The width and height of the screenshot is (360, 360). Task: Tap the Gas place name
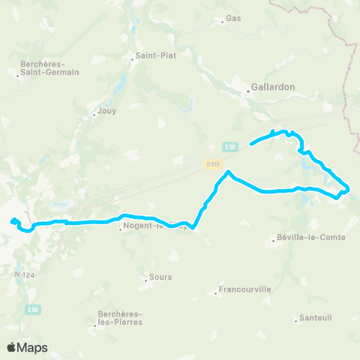pos(233,18)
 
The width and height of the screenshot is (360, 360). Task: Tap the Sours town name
pos(160,277)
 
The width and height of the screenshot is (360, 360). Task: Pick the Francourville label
pos(244,289)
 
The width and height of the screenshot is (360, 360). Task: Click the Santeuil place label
pos(315,317)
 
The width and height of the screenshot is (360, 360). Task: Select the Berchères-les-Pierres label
pos(119,319)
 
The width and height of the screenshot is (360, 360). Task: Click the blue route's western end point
pos(13,220)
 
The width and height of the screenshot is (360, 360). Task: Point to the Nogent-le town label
pos(146,226)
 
